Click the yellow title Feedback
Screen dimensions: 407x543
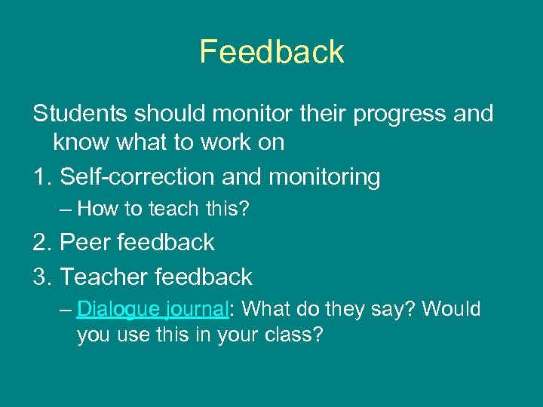tap(271, 52)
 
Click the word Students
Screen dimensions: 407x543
tap(79, 114)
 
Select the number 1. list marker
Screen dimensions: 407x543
tap(42, 177)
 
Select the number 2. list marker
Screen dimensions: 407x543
tap(43, 242)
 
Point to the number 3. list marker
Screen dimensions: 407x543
tap(43, 277)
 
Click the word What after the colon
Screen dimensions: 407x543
tap(267, 309)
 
